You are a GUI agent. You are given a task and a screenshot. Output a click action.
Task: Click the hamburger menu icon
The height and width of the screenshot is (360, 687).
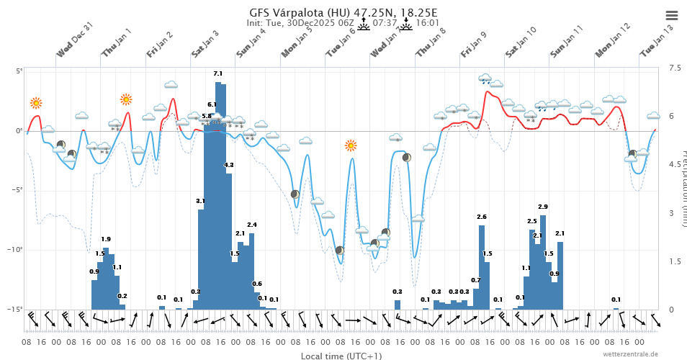coord(671,15)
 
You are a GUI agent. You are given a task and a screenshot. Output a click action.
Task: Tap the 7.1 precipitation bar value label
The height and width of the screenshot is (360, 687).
coord(218,74)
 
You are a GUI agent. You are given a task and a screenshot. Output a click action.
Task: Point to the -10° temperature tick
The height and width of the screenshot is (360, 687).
coord(17,250)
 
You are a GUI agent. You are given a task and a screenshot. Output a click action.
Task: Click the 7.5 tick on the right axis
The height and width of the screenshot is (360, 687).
coord(674,68)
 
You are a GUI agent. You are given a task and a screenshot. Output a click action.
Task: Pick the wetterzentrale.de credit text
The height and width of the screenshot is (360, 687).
coord(630,354)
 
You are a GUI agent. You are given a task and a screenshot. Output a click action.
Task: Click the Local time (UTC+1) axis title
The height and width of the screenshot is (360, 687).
coord(341,356)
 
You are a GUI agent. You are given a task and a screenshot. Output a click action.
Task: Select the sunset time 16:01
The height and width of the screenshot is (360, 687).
coord(428,23)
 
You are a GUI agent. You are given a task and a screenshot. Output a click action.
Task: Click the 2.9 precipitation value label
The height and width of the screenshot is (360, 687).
coord(542,207)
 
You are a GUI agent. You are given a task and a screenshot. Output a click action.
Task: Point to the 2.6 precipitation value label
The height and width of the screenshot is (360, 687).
coord(482,217)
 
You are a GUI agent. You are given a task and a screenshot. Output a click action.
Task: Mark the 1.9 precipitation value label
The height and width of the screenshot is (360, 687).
coord(106,239)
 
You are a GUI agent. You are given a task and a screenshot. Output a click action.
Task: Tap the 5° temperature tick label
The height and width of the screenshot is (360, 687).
coord(19,71)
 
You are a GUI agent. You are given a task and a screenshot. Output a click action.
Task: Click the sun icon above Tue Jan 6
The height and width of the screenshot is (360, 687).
coord(351,145)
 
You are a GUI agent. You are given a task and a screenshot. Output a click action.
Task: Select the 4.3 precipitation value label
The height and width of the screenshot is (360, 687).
coord(229,166)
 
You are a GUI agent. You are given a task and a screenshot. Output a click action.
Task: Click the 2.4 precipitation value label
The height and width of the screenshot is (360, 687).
coord(251,225)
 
